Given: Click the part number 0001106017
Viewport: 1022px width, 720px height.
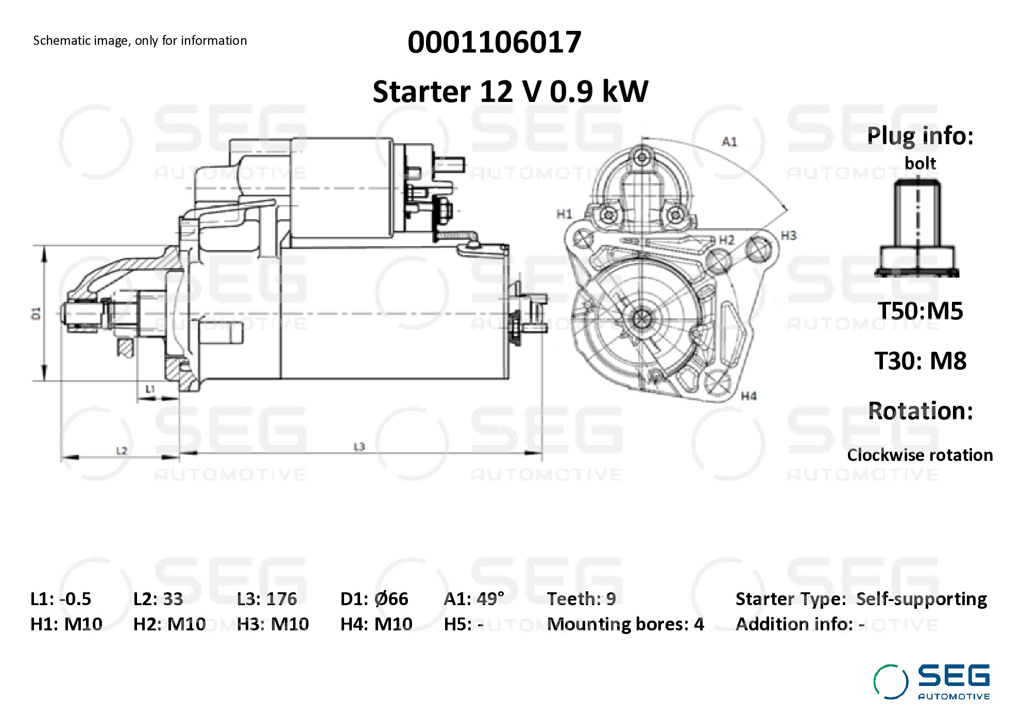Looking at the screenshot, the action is tap(494, 42).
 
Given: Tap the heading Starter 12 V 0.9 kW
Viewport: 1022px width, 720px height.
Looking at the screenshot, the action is tap(510, 92).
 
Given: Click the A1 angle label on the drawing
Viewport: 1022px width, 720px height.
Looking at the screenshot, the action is tap(729, 142).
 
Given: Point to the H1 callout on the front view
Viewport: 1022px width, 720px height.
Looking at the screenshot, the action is tap(564, 214).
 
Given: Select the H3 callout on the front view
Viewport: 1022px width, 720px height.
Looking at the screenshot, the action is tap(788, 235).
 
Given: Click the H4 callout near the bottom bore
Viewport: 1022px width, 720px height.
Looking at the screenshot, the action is tap(748, 396).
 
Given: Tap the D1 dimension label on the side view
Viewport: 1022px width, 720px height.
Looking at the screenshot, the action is tap(36, 313).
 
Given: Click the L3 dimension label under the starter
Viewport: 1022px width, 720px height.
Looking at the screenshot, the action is tap(359, 447).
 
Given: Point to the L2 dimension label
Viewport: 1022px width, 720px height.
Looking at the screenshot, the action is tap(121, 451).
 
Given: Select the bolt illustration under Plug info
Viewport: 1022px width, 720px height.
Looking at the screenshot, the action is tap(917, 228).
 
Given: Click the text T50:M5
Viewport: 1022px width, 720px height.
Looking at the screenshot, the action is tap(920, 311).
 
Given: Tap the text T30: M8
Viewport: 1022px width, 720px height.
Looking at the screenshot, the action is tap(920, 361).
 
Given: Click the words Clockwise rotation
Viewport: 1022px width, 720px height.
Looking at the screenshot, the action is tap(919, 455).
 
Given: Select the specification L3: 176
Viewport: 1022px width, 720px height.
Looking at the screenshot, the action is tap(267, 599).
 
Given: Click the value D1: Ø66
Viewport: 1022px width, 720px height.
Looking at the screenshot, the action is tap(374, 599).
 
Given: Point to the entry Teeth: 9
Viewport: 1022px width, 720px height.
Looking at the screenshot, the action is tap(581, 599).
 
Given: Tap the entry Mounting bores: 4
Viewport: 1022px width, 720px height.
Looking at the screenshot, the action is tap(625, 624).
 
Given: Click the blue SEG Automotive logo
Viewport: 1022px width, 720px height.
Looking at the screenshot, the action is tap(932, 682).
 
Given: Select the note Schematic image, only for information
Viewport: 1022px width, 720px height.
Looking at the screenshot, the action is tap(140, 41).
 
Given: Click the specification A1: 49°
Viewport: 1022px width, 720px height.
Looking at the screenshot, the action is tap(473, 599).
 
